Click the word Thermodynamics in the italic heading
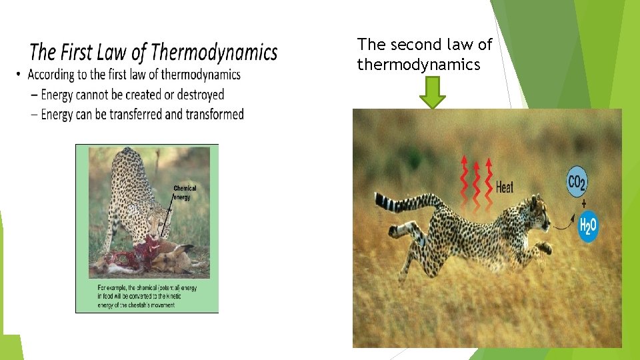point(214,52)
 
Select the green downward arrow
point(433,92)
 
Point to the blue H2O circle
point(588,227)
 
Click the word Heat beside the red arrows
point(505,187)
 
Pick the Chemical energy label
point(185,193)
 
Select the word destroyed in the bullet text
point(200,95)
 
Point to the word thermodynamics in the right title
point(419,65)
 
